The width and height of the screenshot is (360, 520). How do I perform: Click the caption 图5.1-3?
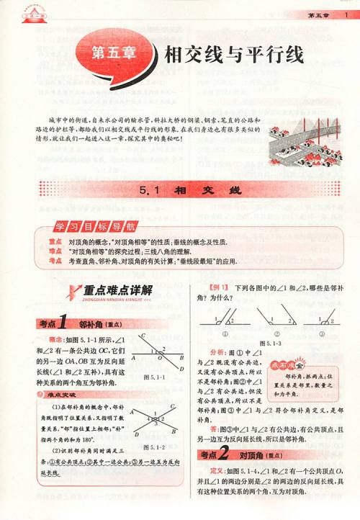pos(267,345)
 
